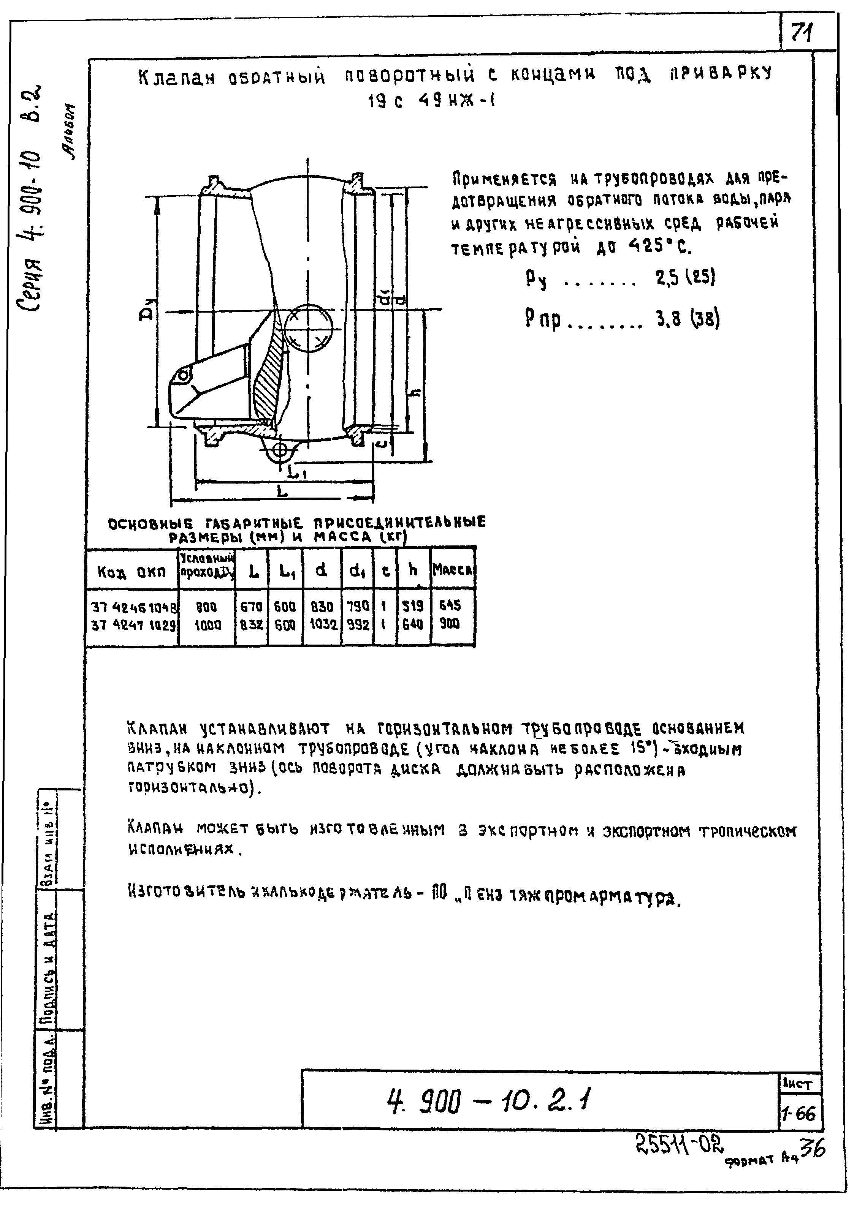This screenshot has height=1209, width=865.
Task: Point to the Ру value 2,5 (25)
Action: (685, 277)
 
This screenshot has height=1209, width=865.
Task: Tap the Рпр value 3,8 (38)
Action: (688, 319)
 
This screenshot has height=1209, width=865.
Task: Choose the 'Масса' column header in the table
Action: (452, 570)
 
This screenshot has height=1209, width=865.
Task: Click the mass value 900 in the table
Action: (450, 624)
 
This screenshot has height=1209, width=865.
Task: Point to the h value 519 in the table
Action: (413, 606)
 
